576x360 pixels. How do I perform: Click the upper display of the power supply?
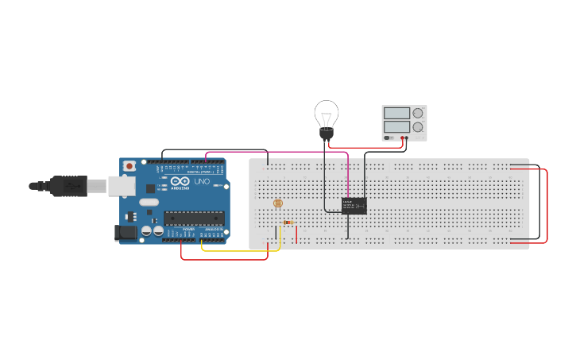(x=396, y=114)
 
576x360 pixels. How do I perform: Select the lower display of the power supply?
(x=396, y=126)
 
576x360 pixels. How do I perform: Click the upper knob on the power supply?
(x=417, y=114)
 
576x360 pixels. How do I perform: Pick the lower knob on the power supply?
(x=417, y=127)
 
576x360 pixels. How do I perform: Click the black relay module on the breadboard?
(x=354, y=205)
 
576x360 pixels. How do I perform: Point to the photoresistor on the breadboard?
(x=277, y=203)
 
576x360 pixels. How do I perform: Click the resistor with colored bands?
(x=288, y=223)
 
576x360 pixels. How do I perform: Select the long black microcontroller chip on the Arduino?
(x=193, y=218)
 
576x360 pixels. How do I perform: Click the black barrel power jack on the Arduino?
(x=125, y=233)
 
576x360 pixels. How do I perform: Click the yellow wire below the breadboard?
(x=238, y=250)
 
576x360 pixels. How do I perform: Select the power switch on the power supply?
(x=387, y=137)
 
